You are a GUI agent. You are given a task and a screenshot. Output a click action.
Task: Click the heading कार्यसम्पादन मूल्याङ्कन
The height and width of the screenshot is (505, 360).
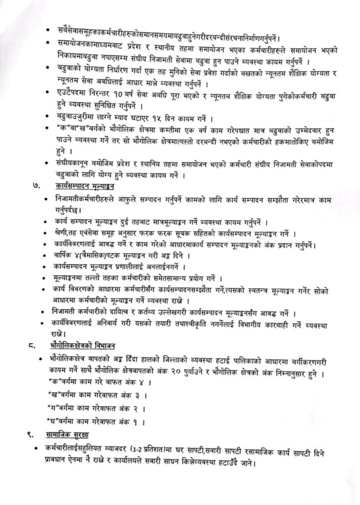click(x=88, y=186)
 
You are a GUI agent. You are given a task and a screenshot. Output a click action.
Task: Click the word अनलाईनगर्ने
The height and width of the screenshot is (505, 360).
click(x=161, y=267)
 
